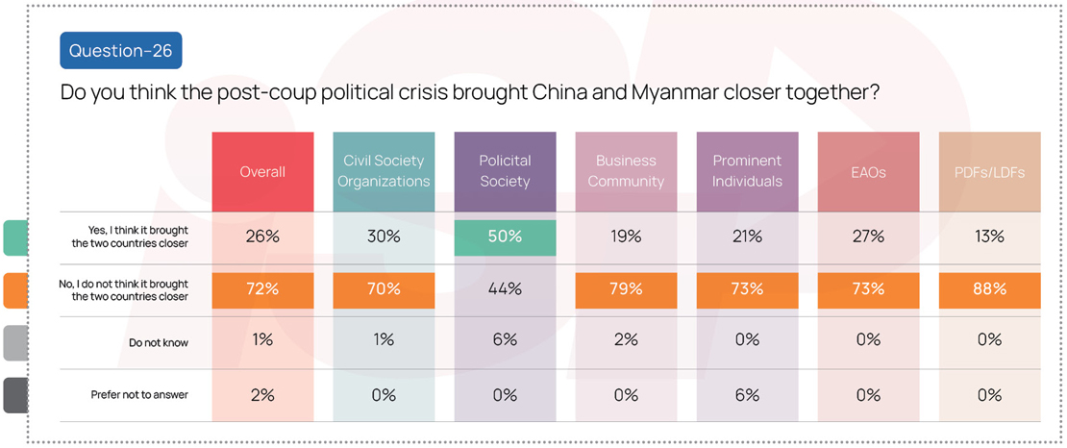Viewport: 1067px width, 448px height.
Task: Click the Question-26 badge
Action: coord(120,51)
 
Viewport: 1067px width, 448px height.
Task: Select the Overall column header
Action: coord(262,172)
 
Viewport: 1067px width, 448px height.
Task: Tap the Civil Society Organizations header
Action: coord(384,171)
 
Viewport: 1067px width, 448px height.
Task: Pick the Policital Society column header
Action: coord(505,171)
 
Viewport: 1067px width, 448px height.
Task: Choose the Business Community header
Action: coord(626,171)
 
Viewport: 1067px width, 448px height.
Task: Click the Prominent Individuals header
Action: coord(747,171)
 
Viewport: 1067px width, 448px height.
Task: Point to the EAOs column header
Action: coord(868,172)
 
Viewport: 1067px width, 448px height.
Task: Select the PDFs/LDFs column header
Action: coord(989,172)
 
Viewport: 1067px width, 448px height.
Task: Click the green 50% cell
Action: coord(505,237)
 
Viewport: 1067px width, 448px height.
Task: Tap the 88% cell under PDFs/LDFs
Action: coord(989,289)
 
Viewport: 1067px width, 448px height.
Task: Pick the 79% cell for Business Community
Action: coord(626,289)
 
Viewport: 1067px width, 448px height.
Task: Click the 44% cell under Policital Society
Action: coord(505,289)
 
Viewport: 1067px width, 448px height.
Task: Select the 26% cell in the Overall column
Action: coord(262,237)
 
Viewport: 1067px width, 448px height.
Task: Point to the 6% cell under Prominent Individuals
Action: coord(747,395)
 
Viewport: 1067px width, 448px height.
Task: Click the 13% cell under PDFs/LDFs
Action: coord(989,237)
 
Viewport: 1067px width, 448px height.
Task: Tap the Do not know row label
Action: coord(159,342)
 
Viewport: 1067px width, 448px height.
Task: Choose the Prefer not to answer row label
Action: coord(139,395)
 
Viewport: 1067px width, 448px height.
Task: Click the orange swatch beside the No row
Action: coord(14,290)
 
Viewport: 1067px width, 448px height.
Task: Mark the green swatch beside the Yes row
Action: coord(14,237)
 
